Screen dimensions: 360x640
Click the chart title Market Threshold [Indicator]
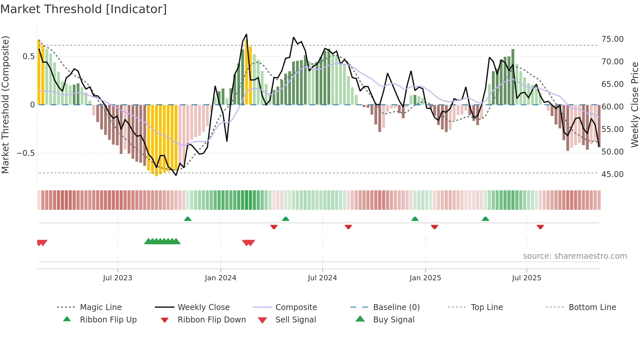[x=84, y=9]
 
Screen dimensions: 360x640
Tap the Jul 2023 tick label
[x=118, y=278]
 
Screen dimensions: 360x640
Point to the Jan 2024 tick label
[x=220, y=278]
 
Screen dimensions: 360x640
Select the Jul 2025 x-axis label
[x=526, y=278]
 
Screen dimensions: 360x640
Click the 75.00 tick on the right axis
[x=612, y=39]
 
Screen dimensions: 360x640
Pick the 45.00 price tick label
[x=612, y=174]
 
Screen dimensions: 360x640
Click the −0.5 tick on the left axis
[x=26, y=153]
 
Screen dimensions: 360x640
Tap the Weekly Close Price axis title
[x=634, y=105]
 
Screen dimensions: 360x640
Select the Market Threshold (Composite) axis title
[x=5, y=105]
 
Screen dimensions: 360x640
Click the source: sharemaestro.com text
[x=575, y=256]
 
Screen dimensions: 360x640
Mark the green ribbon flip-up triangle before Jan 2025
[x=415, y=219]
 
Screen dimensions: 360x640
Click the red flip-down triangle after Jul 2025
[x=540, y=227]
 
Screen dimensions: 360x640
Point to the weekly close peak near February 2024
[x=246, y=34]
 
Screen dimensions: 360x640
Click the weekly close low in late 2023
[x=176, y=175]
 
